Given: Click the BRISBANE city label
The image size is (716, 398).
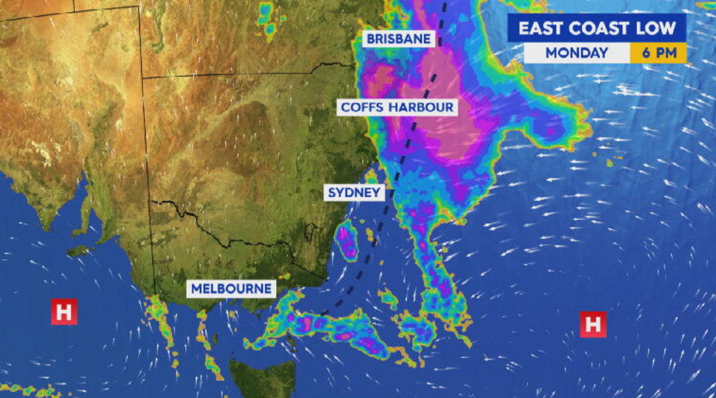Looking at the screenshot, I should click(399, 39).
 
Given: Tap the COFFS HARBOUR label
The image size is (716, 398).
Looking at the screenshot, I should click(397, 107).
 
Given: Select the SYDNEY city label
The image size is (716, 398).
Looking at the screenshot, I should click(354, 192).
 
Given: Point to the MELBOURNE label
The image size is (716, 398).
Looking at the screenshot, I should click(232, 289).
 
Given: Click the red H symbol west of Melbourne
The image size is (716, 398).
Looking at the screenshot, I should click(64, 312).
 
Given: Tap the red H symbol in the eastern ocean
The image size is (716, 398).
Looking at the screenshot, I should click(592, 324).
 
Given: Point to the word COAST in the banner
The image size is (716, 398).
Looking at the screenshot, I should click(599, 28).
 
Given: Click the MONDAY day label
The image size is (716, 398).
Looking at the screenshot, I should click(577, 53).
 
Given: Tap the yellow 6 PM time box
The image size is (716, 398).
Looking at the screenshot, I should click(659, 53).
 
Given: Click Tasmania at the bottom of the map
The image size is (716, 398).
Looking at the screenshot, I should click(262, 378).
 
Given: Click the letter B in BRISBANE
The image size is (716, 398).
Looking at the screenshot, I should click(371, 39).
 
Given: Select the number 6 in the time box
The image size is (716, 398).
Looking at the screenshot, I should click(646, 53).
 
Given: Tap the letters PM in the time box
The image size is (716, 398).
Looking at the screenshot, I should click(665, 53).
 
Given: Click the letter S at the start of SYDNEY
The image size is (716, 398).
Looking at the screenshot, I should click(332, 192).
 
